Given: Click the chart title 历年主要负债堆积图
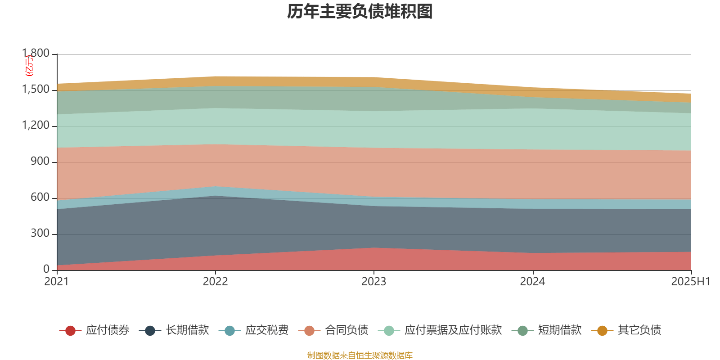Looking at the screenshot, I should [360, 12].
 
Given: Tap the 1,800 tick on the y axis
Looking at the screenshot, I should [36, 54].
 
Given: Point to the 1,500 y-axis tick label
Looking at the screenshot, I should [36, 90].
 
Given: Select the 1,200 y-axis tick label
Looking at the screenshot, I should [36, 126].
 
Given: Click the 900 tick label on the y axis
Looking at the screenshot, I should [40, 162].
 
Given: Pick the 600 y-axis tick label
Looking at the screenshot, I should [40, 198].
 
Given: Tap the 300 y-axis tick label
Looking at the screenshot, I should [40, 234].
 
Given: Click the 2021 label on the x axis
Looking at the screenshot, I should [57, 282].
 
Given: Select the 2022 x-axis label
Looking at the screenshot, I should [215, 282].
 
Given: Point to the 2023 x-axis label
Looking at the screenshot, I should [374, 282].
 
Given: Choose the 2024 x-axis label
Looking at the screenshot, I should [532, 282].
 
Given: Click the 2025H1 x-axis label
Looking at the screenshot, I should [690, 282].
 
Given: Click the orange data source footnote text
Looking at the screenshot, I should [360, 355].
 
